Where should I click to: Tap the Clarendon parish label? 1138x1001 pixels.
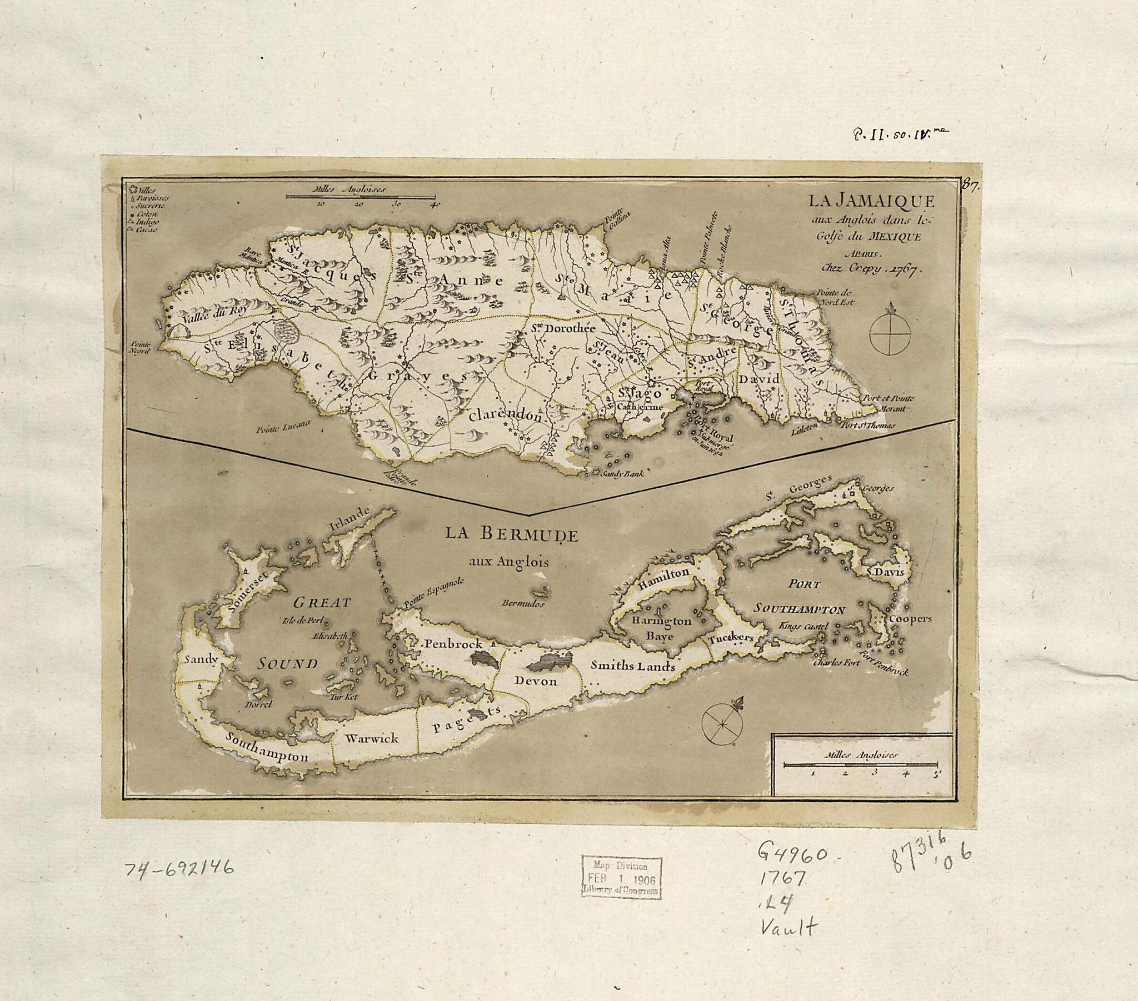(505, 416)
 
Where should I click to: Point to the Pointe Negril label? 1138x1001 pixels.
(141, 348)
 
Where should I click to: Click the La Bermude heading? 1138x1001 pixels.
(511, 534)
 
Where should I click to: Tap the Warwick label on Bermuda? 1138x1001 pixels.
(371, 738)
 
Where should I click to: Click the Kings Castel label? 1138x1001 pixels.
(805, 627)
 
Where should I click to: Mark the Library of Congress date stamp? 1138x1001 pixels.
(621, 878)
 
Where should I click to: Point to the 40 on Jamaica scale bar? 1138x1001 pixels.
(436, 204)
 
